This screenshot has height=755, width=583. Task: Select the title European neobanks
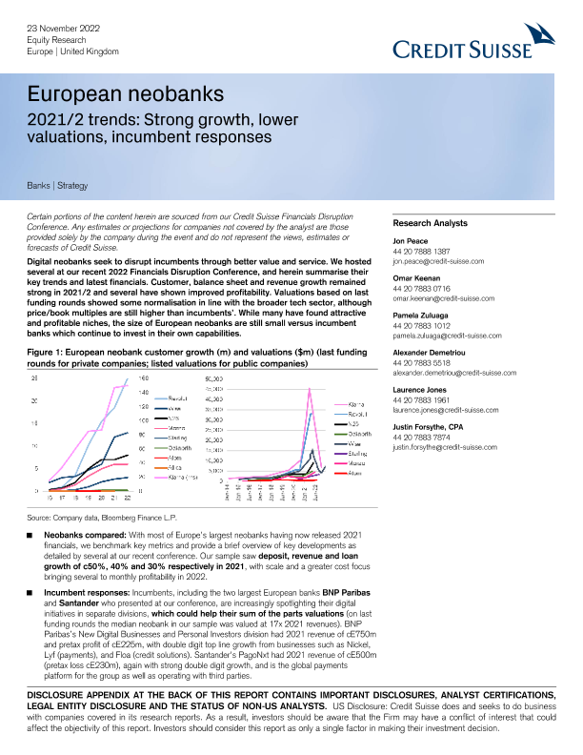click(x=124, y=95)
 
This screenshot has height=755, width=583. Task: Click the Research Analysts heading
click(x=431, y=223)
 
